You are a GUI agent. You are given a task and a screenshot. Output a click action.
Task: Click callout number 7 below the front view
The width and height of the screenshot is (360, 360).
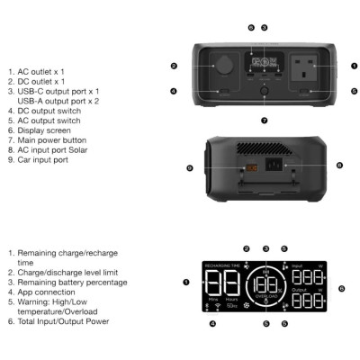click(x=264, y=120)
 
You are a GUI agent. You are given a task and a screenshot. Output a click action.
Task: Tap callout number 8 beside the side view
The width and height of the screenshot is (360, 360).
click(x=338, y=166)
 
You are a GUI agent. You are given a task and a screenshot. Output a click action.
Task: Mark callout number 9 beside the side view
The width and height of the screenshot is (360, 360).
click(x=190, y=168)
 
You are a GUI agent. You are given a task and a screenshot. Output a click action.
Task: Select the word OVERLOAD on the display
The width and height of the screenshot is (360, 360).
click(x=265, y=296)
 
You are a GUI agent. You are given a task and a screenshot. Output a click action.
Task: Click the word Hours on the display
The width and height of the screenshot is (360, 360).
click(x=232, y=298)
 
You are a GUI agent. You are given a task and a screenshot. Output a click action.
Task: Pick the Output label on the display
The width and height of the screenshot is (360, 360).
click(x=300, y=291)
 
